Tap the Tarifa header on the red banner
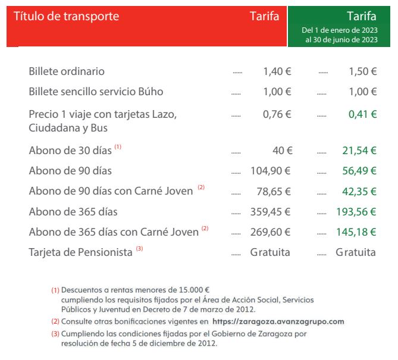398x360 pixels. pyautogui.click(x=265, y=16)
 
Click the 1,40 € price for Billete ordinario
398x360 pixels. pyautogui.click(x=277, y=71)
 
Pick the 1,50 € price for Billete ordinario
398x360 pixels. pyautogui.click(x=362, y=71)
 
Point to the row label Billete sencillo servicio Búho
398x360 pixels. pyautogui.click(x=96, y=92)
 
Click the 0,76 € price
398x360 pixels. pyautogui.click(x=277, y=114)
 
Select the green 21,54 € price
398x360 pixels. pyautogui.click(x=359, y=151)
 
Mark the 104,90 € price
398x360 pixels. pyautogui.click(x=271, y=171)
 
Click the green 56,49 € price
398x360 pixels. pyautogui.click(x=359, y=171)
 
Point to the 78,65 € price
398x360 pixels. pyautogui.click(x=274, y=192)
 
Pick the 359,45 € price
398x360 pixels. pyautogui.click(x=271, y=212)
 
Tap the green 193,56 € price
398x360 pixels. pyautogui.click(x=357, y=212)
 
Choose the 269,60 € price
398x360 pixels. pyautogui.click(x=271, y=232)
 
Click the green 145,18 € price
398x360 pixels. pyautogui.click(x=357, y=232)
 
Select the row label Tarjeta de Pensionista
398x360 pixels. pyautogui.click(x=80, y=252)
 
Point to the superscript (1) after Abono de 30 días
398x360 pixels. pyautogui.click(x=118, y=147)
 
